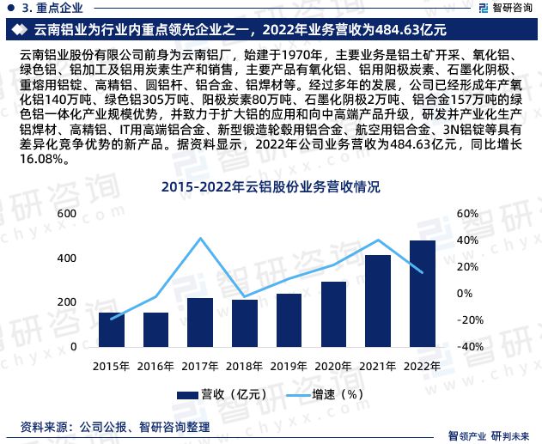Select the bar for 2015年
[x=112, y=330]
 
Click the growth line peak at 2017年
[x=200, y=239]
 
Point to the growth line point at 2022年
[x=423, y=272]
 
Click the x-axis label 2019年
[x=289, y=364]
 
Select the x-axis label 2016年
[x=155, y=364]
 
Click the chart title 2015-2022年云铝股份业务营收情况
[x=271, y=186]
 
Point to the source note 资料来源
[x=114, y=426]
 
